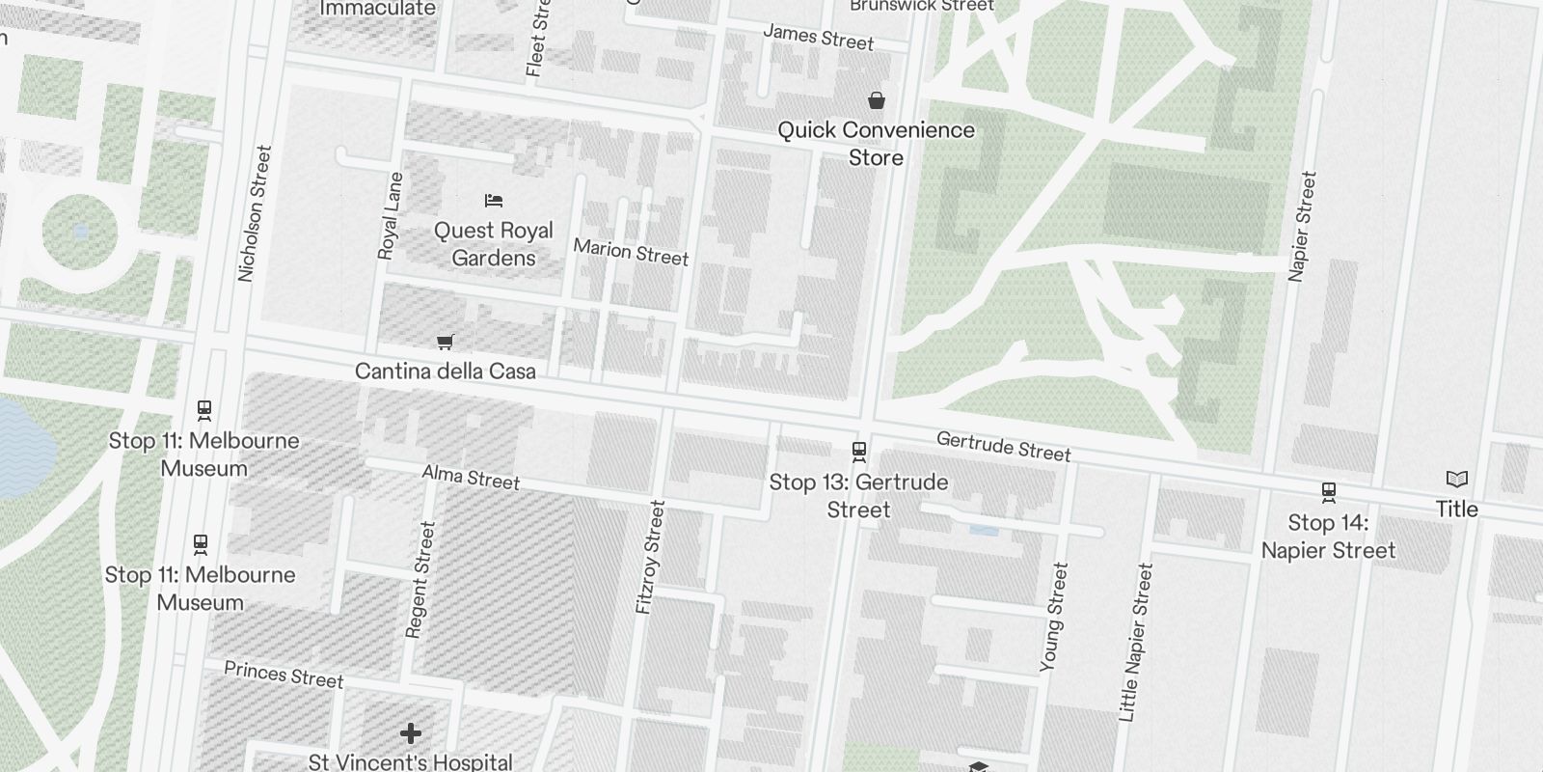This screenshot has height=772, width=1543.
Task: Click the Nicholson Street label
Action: point(256,213)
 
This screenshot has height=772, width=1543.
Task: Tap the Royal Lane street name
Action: point(390,216)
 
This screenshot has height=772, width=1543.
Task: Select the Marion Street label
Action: point(631,252)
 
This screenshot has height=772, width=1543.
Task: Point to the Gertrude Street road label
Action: point(1003,446)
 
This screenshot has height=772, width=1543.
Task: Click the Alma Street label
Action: point(471,477)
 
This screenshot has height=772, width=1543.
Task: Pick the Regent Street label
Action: point(421,579)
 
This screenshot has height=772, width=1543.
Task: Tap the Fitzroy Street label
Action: point(651,557)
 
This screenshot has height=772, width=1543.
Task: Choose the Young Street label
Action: point(1054,617)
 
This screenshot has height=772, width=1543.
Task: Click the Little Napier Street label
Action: point(1135,643)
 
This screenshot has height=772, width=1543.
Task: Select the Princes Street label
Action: point(284,675)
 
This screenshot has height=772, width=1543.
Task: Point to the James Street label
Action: point(818,38)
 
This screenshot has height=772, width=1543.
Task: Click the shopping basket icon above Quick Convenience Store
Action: point(877,99)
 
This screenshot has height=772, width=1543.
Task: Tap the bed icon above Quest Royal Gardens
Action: point(494,201)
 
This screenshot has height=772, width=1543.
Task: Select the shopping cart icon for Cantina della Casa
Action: point(445,342)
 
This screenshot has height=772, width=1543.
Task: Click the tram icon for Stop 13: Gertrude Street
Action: point(858,452)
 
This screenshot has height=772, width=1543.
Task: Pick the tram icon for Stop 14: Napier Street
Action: point(1328,492)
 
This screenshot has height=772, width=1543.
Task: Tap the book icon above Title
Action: point(1456,479)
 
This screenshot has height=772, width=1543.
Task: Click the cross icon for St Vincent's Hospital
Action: point(411,734)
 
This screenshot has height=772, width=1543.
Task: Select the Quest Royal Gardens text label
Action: point(494,244)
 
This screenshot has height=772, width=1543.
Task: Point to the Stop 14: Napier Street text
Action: point(1328,537)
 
